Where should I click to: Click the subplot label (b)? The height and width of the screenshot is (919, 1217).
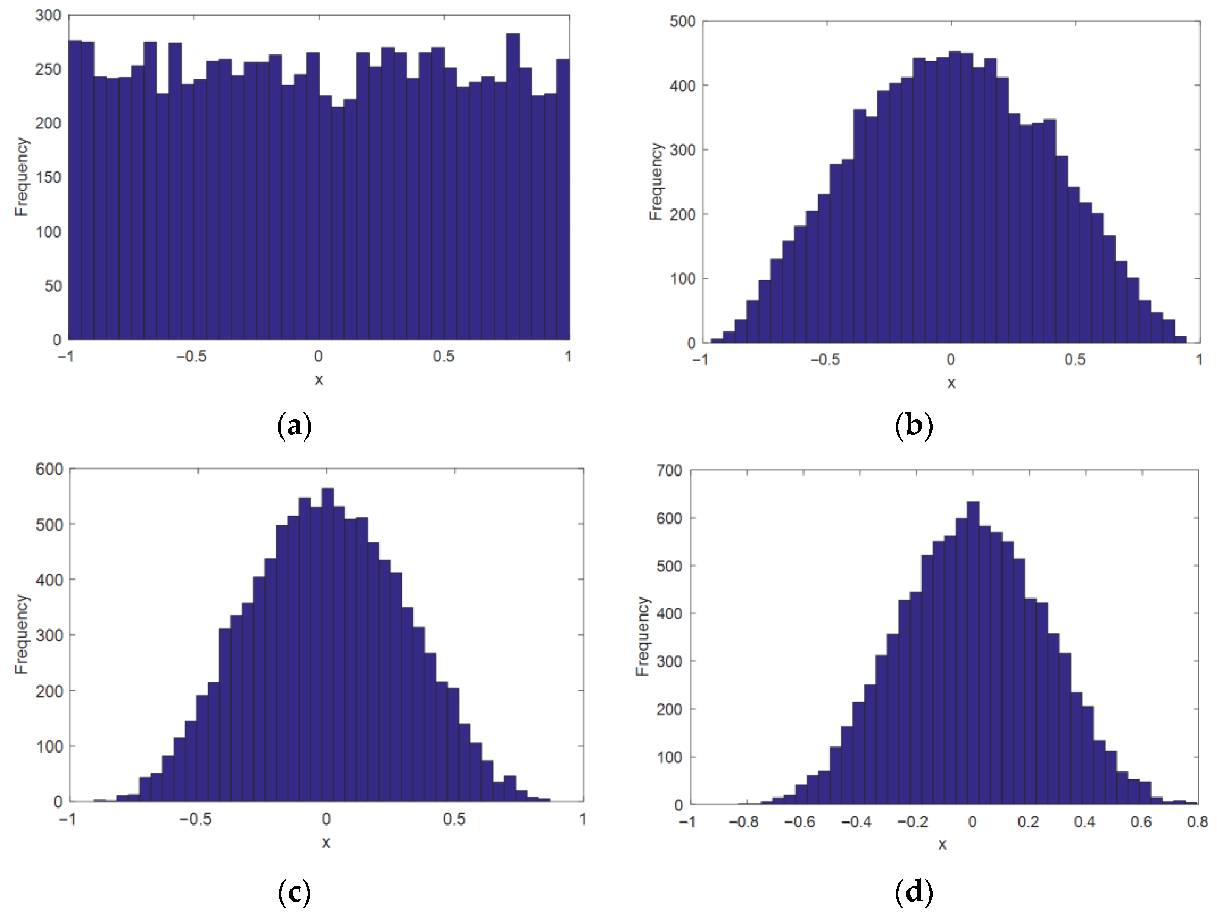pos(914,426)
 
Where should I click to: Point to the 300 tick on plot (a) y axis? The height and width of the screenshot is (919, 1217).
pos(48,16)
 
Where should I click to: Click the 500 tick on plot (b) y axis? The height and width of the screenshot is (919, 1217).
pos(683,22)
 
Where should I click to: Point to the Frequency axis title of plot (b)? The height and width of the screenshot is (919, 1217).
pos(656,182)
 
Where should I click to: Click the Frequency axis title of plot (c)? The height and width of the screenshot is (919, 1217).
pos(21,634)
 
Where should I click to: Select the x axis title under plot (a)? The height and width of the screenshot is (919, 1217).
pos(319,380)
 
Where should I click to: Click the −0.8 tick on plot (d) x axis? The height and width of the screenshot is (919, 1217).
pos(744,822)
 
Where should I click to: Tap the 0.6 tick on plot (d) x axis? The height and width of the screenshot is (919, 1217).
pos(1141,822)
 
